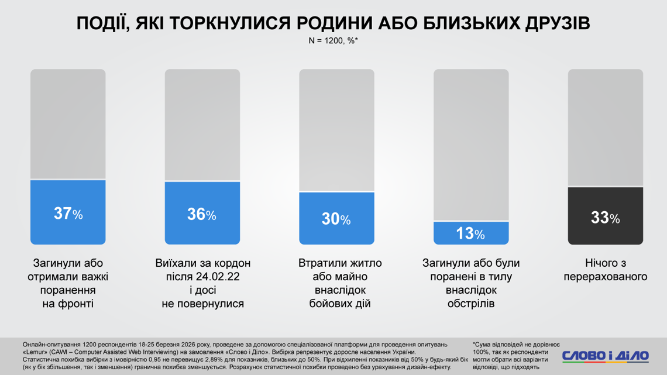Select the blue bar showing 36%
pos(202,214)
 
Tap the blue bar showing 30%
pos(336,218)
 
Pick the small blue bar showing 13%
pos(471,233)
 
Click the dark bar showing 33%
pos(605,216)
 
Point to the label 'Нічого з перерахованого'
pos(605,270)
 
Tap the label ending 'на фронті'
pos(68,283)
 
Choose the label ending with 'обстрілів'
pos(471,283)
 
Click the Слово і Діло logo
pos(606,356)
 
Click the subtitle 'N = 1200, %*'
pos(333,40)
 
